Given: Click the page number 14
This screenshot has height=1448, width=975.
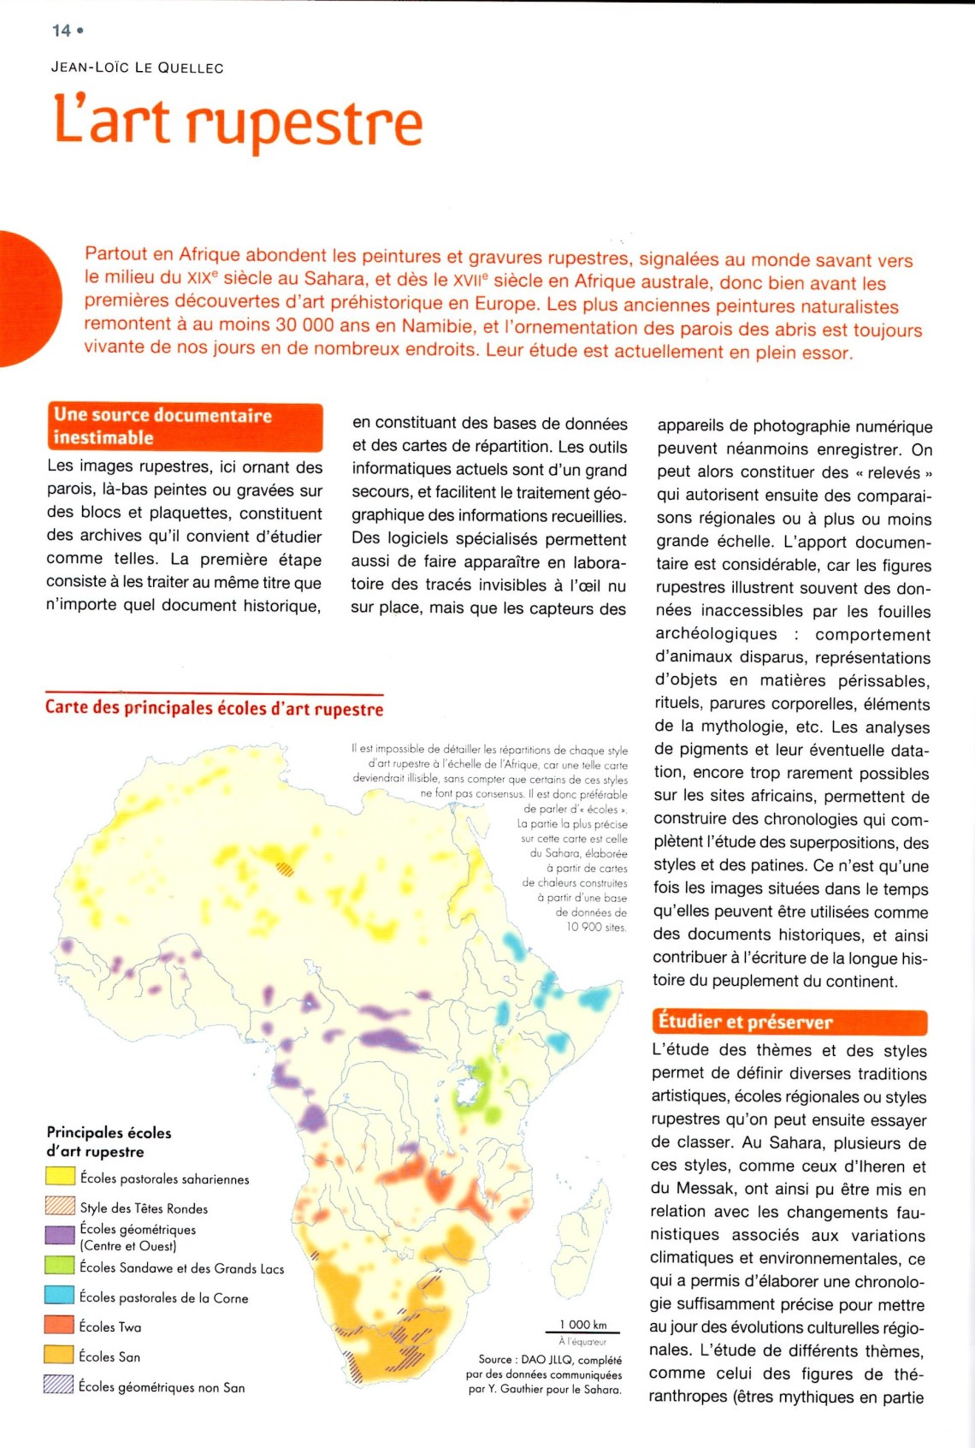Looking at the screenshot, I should [61, 31].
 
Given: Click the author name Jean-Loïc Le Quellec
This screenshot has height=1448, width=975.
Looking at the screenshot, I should [137, 68].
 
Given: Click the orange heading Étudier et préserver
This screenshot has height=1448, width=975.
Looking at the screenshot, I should [744, 1022].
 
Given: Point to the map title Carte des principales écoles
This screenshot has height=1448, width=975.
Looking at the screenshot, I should [214, 709].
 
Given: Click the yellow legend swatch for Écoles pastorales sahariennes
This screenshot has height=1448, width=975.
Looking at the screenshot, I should [60, 1177].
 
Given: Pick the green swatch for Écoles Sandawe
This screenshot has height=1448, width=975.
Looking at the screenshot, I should [60, 1266].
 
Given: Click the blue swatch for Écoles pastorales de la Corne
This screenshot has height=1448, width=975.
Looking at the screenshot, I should [60, 1296].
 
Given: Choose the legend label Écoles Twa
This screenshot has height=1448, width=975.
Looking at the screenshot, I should [110, 1326].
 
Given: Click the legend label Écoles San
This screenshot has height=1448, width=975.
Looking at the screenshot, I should [109, 1356].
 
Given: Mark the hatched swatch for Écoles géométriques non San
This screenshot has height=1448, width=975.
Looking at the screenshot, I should [59, 1385].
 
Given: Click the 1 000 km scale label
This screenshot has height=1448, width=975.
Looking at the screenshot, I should [583, 1325].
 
